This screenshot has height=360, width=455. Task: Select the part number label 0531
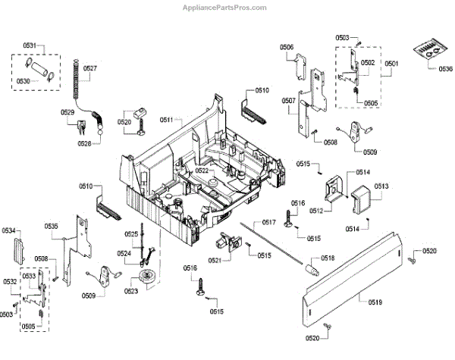click(x=28, y=47)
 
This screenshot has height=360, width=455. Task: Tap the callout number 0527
click(x=90, y=68)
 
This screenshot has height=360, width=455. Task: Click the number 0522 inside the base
click(x=202, y=171)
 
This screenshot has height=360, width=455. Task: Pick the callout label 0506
click(x=287, y=48)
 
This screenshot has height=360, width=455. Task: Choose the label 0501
click(x=391, y=64)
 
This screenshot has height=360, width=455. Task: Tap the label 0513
click(x=381, y=186)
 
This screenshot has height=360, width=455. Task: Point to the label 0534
click(x=8, y=230)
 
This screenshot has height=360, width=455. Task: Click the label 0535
click(x=51, y=227)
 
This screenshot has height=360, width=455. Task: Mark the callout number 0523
click(x=132, y=292)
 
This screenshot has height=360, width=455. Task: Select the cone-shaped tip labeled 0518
click(x=309, y=268)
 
